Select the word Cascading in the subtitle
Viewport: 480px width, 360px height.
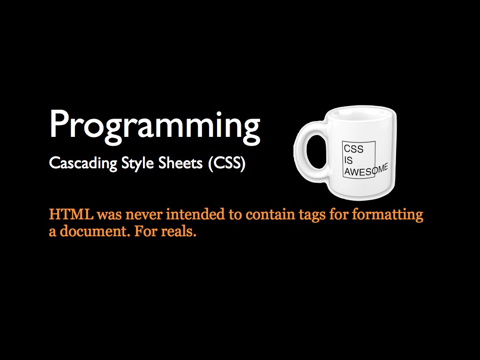click(78, 164)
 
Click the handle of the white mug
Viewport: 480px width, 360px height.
click(307, 150)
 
